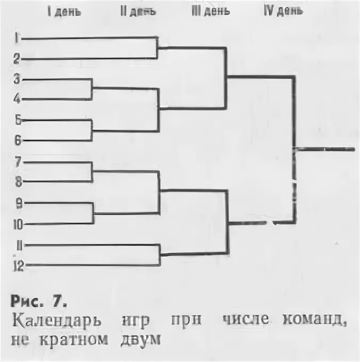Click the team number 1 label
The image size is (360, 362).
point(17,38)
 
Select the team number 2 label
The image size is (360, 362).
point(17,58)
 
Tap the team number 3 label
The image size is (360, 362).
point(17,79)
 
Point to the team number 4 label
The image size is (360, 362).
point(17,98)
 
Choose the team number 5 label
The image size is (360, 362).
point(18,120)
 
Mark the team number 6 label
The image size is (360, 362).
point(18,140)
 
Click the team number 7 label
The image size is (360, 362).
point(18,161)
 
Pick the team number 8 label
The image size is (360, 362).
point(18,182)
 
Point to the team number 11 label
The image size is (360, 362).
point(18,245)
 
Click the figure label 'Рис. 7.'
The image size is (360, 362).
point(38,302)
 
